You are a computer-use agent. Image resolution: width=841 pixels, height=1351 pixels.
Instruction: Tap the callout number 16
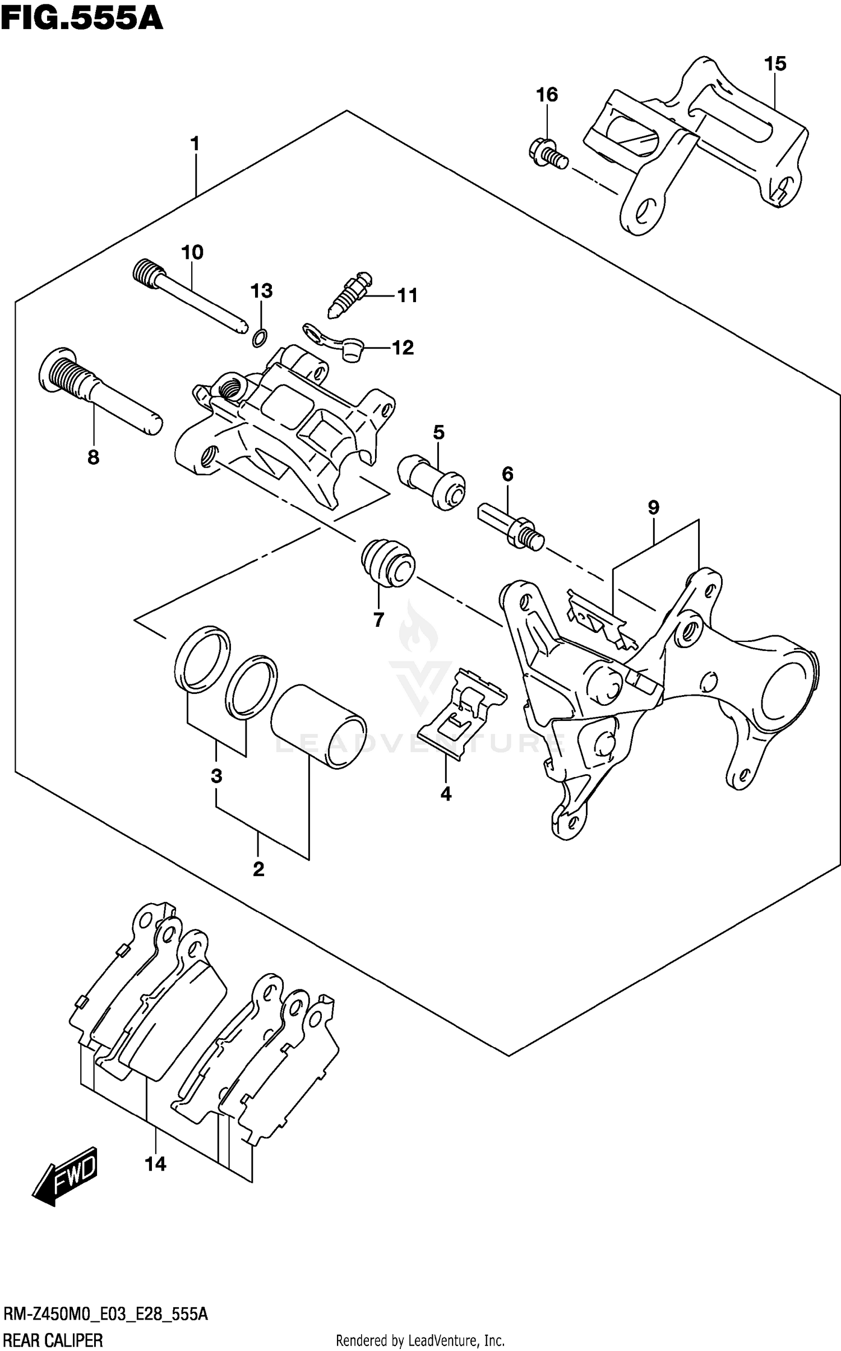coord(547,95)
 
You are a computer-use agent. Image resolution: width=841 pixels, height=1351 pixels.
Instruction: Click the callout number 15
coord(775,64)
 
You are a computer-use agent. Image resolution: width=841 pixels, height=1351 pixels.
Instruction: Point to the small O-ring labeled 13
coord(260,337)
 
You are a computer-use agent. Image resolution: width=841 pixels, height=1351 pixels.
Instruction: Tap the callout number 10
coord(192,252)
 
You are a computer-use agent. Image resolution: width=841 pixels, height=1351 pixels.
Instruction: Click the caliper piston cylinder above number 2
coord(318,726)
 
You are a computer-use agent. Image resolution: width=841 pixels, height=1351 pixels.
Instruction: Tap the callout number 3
coord(216,776)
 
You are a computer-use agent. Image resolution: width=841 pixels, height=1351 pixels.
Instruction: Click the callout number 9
coord(653,507)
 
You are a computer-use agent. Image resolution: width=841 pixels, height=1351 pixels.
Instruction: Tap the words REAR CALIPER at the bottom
coord(54,1336)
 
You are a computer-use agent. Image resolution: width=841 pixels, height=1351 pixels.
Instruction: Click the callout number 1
coord(195,144)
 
